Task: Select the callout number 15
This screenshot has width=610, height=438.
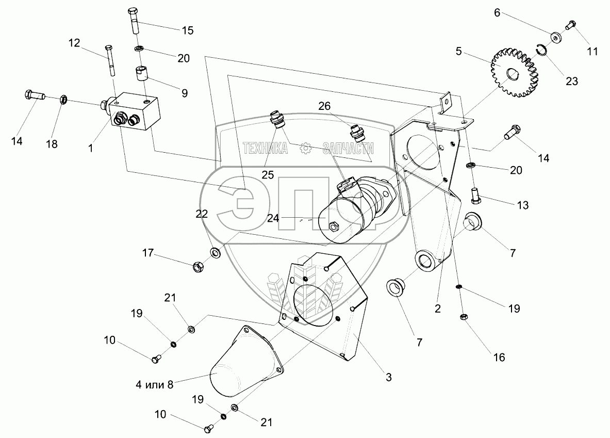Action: pyautogui.click(x=187, y=30)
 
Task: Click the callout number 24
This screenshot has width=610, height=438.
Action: pyautogui.click(x=273, y=218)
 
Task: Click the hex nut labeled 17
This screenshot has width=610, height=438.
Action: pyautogui.click(x=197, y=267)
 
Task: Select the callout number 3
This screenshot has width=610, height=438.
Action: pyautogui.click(x=388, y=378)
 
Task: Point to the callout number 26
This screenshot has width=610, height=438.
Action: pyautogui.click(x=324, y=106)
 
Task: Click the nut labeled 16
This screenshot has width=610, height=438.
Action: pyautogui.click(x=463, y=317)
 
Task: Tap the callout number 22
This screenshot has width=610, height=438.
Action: pyautogui.click(x=202, y=214)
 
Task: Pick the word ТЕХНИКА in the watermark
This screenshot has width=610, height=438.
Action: pyautogui.click(x=266, y=149)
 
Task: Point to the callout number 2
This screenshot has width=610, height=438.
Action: pyautogui.click(x=438, y=309)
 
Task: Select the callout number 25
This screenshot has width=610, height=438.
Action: pyautogui.click(x=267, y=175)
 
